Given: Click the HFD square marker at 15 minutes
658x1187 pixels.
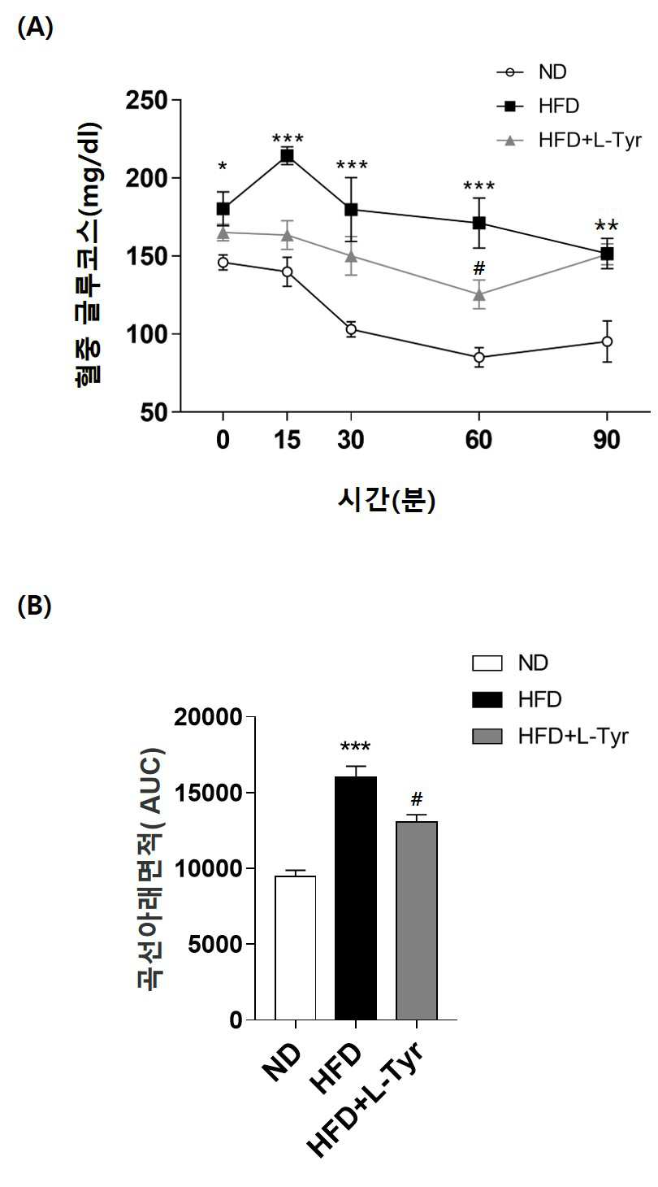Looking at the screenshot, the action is (287, 155).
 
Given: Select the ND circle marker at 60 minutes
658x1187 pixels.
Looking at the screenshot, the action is (479, 357).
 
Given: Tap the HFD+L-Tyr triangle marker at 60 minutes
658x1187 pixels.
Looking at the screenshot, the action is (479, 294).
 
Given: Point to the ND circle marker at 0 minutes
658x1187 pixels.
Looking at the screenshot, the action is (223, 263).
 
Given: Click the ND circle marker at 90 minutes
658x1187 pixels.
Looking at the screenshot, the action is (607, 341).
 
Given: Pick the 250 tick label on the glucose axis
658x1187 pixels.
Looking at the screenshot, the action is (146, 100).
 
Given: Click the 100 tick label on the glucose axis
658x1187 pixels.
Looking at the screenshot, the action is (146, 334).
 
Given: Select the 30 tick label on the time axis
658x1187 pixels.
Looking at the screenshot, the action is (350, 440).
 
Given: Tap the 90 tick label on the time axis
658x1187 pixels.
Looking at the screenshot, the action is (607, 440).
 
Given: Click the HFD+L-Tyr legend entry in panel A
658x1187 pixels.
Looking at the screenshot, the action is (569, 141).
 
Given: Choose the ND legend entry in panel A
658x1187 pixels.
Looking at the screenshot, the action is (531, 72).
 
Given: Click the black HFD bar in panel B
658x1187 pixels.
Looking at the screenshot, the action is (356, 898).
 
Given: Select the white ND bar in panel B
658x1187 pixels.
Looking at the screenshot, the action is (296, 947).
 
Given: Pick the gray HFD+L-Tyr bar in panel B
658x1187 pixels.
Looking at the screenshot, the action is (417, 920).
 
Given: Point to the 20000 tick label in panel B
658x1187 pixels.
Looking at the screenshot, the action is (208, 718).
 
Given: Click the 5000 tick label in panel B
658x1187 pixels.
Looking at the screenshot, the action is (215, 944).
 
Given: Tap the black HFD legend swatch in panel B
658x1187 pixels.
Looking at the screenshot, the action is (487, 699).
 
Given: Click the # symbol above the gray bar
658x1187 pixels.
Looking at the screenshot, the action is (417, 798).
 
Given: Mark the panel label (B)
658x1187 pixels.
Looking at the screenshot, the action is (35, 607).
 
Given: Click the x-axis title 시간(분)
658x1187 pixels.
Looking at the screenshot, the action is (387, 499).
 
